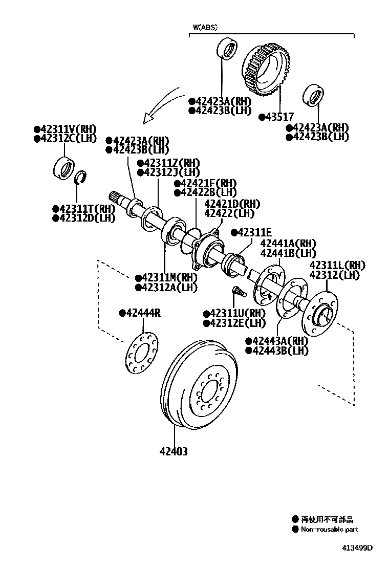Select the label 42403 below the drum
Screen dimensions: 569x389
click(x=174, y=451)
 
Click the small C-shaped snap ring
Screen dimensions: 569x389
click(x=79, y=179)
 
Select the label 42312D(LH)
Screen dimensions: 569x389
click(x=84, y=218)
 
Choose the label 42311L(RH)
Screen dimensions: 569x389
click(x=337, y=265)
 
